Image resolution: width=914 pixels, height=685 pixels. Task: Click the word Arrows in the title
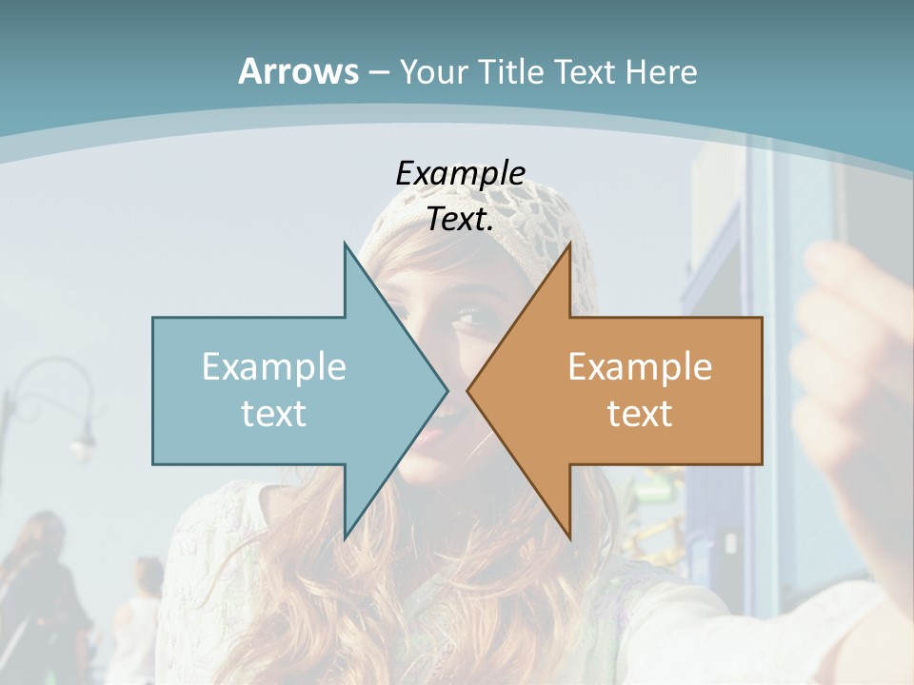(x=297, y=71)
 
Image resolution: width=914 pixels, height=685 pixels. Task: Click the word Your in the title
(x=433, y=71)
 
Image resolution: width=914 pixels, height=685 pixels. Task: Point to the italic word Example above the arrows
(x=460, y=173)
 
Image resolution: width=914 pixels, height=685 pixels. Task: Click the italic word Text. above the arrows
(x=460, y=219)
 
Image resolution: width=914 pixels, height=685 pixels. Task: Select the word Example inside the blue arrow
(x=274, y=367)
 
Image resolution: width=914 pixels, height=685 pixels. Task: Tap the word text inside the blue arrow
(x=274, y=413)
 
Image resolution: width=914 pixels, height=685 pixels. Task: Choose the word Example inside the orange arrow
(x=640, y=367)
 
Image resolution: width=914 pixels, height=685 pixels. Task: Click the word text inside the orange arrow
(x=640, y=413)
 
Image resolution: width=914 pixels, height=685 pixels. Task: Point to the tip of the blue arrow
(x=447, y=390)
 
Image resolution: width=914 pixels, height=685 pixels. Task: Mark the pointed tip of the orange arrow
(x=468, y=390)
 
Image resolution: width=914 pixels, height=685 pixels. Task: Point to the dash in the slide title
(x=378, y=71)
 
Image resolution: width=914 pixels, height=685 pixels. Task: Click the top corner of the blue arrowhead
(x=346, y=245)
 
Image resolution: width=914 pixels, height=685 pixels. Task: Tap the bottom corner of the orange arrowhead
(x=569, y=537)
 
